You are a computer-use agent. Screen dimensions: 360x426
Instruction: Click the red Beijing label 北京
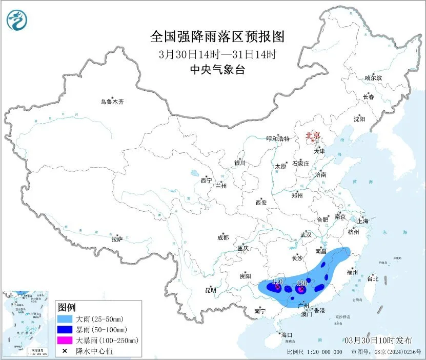[x=313, y=136]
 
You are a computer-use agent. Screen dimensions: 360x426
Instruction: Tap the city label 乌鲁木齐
[x=112, y=102]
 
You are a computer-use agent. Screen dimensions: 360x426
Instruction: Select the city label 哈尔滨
[x=373, y=78]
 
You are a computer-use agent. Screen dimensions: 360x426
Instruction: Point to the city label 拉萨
[x=117, y=239]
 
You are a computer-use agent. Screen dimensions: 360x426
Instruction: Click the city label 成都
[x=223, y=237]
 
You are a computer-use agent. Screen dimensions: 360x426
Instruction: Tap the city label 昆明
[x=210, y=290]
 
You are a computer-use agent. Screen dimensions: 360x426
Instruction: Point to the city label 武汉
[x=306, y=234]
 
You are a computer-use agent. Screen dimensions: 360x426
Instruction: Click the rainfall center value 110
[x=278, y=282]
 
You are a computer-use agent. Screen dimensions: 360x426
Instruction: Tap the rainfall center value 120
[x=302, y=283]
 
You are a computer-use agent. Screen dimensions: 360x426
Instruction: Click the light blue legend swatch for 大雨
[x=65, y=318]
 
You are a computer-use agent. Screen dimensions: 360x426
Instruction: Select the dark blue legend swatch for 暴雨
[x=65, y=329]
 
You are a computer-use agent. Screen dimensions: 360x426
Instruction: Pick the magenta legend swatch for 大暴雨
[x=65, y=340]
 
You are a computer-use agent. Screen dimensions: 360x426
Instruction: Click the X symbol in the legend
[x=65, y=351]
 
